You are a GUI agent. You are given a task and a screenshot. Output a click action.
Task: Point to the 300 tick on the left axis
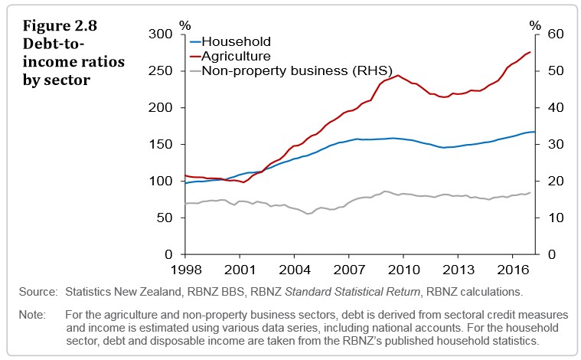pos(162,34)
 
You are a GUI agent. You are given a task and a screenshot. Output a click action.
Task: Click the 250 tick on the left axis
pos(162,71)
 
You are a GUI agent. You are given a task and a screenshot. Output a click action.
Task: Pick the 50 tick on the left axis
pos(166,218)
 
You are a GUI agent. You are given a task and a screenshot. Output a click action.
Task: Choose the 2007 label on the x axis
pos(348,271)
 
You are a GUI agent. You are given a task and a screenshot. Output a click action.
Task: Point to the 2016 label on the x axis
pos(511,271)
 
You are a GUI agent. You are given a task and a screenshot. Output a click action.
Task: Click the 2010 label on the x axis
pos(403,271)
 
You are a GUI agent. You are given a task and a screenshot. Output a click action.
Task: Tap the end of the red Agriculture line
pos(530,52)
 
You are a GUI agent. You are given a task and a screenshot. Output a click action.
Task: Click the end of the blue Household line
pos(534,132)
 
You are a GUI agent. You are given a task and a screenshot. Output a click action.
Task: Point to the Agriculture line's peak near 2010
pos(398,75)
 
